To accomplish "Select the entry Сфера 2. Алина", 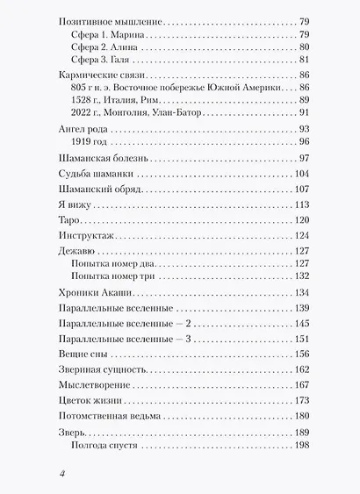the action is (x=104, y=47).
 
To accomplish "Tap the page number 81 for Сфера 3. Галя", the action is (x=303, y=60).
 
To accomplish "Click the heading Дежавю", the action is (x=74, y=250).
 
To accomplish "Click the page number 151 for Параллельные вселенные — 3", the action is (x=300, y=338).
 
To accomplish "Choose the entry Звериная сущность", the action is (x=97, y=369).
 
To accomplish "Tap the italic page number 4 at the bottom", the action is (x=62, y=474).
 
